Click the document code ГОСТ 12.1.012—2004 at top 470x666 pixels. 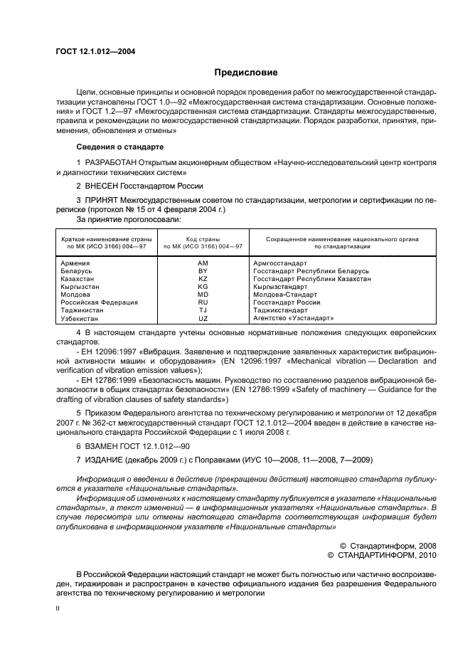pyautogui.click(x=95, y=52)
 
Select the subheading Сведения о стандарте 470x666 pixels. pyautogui.click(x=120, y=147)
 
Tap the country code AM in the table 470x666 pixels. pyautogui.click(x=203, y=263)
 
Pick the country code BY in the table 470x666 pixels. pyautogui.click(x=203, y=271)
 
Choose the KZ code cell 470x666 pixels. pyautogui.click(x=203, y=279)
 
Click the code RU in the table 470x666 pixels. pyautogui.click(x=203, y=302)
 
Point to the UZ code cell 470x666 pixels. pyautogui.click(x=203, y=318)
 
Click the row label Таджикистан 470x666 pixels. pyautogui.click(x=83, y=310)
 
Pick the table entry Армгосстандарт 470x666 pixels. pyautogui.click(x=280, y=263)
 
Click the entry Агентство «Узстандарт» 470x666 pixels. pyautogui.click(x=293, y=318)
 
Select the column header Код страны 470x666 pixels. pyautogui.click(x=203, y=240)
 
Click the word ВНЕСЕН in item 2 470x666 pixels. pyautogui.click(x=104, y=186)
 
